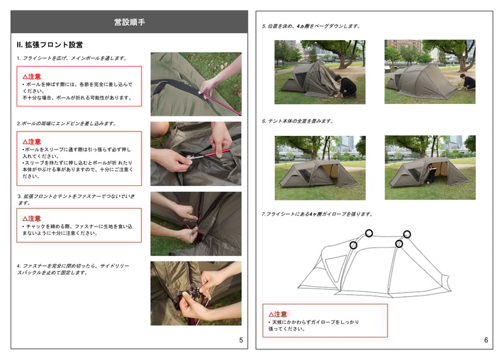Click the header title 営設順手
[x=130, y=22]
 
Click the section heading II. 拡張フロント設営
[x=49, y=44]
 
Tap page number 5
[x=241, y=340]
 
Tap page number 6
[x=486, y=340]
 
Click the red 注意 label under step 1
[x=32, y=76]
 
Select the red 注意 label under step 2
[x=32, y=141]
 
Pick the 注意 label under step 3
[x=31, y=219]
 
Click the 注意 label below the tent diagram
[x=278, y=314]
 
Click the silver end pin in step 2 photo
[x=193, y=157]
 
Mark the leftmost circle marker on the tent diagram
[x=354, y=245]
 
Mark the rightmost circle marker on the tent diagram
[x=407, y=234]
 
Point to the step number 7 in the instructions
[x=263, y=214]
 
